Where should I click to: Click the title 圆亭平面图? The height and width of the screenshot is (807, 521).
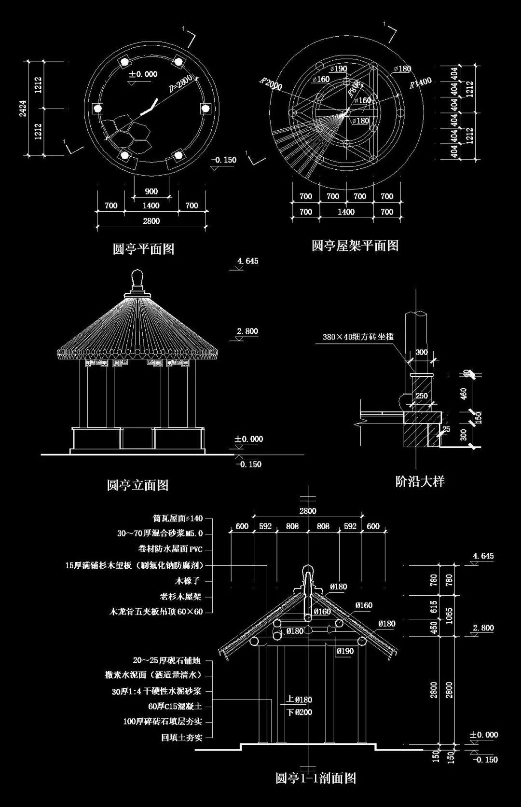pyautogui.click(x=143, y=249)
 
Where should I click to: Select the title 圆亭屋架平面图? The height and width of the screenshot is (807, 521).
pyautogui.click(x=355, y=246)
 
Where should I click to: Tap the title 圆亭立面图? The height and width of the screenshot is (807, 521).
pyautogui.click(x=137, y=485)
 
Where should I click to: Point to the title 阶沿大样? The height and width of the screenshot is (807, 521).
pyautogui.click(x=420, y=481)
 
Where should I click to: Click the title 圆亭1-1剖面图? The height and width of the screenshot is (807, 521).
pyautogui.click(x=315, y=778)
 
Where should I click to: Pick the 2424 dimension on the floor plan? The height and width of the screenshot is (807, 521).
pyautogui.click(x=23, y=109)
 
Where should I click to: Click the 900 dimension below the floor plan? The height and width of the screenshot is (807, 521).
pyautogui.click(x=151, y=191)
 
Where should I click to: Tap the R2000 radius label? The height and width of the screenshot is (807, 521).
pyautogui.click(x=270, y=84)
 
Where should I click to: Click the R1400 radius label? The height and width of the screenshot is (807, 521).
pyautogui.click(x=420, y=83)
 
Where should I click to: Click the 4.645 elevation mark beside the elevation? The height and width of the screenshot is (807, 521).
pyautogui.click(x=247, y=261)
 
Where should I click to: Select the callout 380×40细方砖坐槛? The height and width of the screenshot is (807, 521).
pyautogui.click(x=358, y=337)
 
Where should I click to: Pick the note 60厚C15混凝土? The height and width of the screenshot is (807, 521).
pyautogui.click(x=175, y=706)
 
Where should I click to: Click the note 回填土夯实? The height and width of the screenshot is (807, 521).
pyautogui.click(x=181, y=737)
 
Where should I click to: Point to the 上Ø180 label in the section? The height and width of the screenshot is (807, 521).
pyautogui.click(x=299, y=699)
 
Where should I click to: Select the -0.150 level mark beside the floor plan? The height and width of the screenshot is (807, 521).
pyautogui.click(x=224, y=160)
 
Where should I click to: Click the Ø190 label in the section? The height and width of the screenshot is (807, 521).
pyautogui.click(x=345, y=651)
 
